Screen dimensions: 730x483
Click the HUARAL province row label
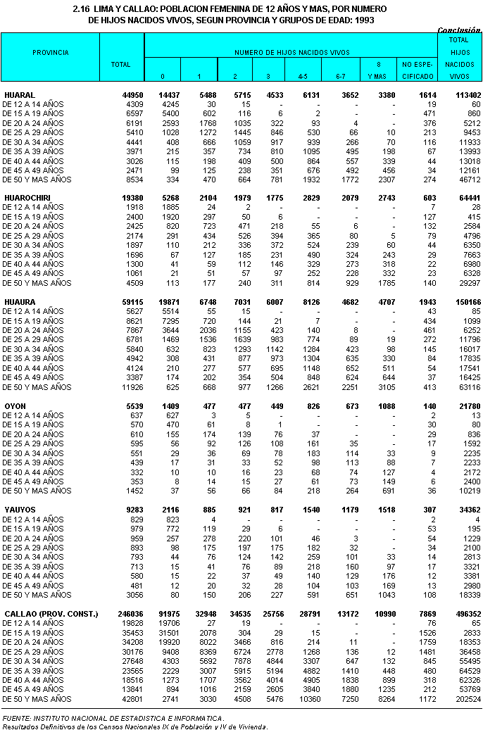tap(20, 94)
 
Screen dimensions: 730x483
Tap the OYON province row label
tap(15, 406)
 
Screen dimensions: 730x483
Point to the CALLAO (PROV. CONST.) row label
tap(51, 615)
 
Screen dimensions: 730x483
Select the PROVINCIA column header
tap(51, 53)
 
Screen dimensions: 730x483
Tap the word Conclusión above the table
tap(459, 30)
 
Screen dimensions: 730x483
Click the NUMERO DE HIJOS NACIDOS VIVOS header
tap(292, 53)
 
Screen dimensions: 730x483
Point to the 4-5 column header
tap(303, 75)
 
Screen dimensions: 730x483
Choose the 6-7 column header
tap(339, 75)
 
